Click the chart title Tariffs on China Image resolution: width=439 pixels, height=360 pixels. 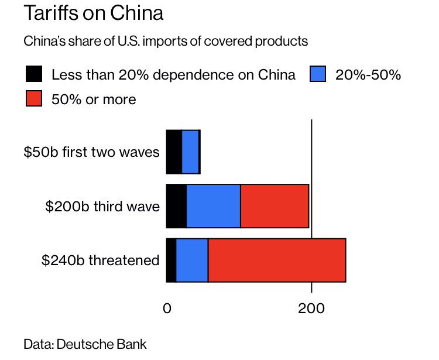[94, 13]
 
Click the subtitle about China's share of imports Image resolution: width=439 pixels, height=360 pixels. [166, 42]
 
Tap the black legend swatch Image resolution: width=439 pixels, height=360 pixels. [34, 74]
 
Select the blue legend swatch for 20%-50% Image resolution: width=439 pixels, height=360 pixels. [317, 74]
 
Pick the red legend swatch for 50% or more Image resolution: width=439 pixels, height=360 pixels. [34, 99]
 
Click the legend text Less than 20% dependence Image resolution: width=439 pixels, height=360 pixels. [173, 75]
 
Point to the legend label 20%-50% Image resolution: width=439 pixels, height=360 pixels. [368, 75]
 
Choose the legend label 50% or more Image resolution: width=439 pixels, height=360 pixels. [94, 100]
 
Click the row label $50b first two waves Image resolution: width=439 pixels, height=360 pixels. [91, 152]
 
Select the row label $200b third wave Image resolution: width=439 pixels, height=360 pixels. [102, 206]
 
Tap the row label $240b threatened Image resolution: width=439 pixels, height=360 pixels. [100, 260]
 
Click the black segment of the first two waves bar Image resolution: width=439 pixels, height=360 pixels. [174, 152]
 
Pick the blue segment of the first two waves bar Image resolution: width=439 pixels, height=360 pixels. [190, 152]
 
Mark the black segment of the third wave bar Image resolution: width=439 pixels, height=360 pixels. [176, 206]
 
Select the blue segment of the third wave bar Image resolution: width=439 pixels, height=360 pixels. [213, 206]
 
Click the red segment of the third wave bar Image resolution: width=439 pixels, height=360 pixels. [274, 206]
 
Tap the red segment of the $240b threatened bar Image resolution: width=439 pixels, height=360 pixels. [276, 260]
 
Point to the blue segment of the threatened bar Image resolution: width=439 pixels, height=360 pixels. [192, 260]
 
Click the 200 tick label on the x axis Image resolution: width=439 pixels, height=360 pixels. [311, 307]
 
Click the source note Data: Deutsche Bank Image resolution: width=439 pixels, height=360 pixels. [85, 344]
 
